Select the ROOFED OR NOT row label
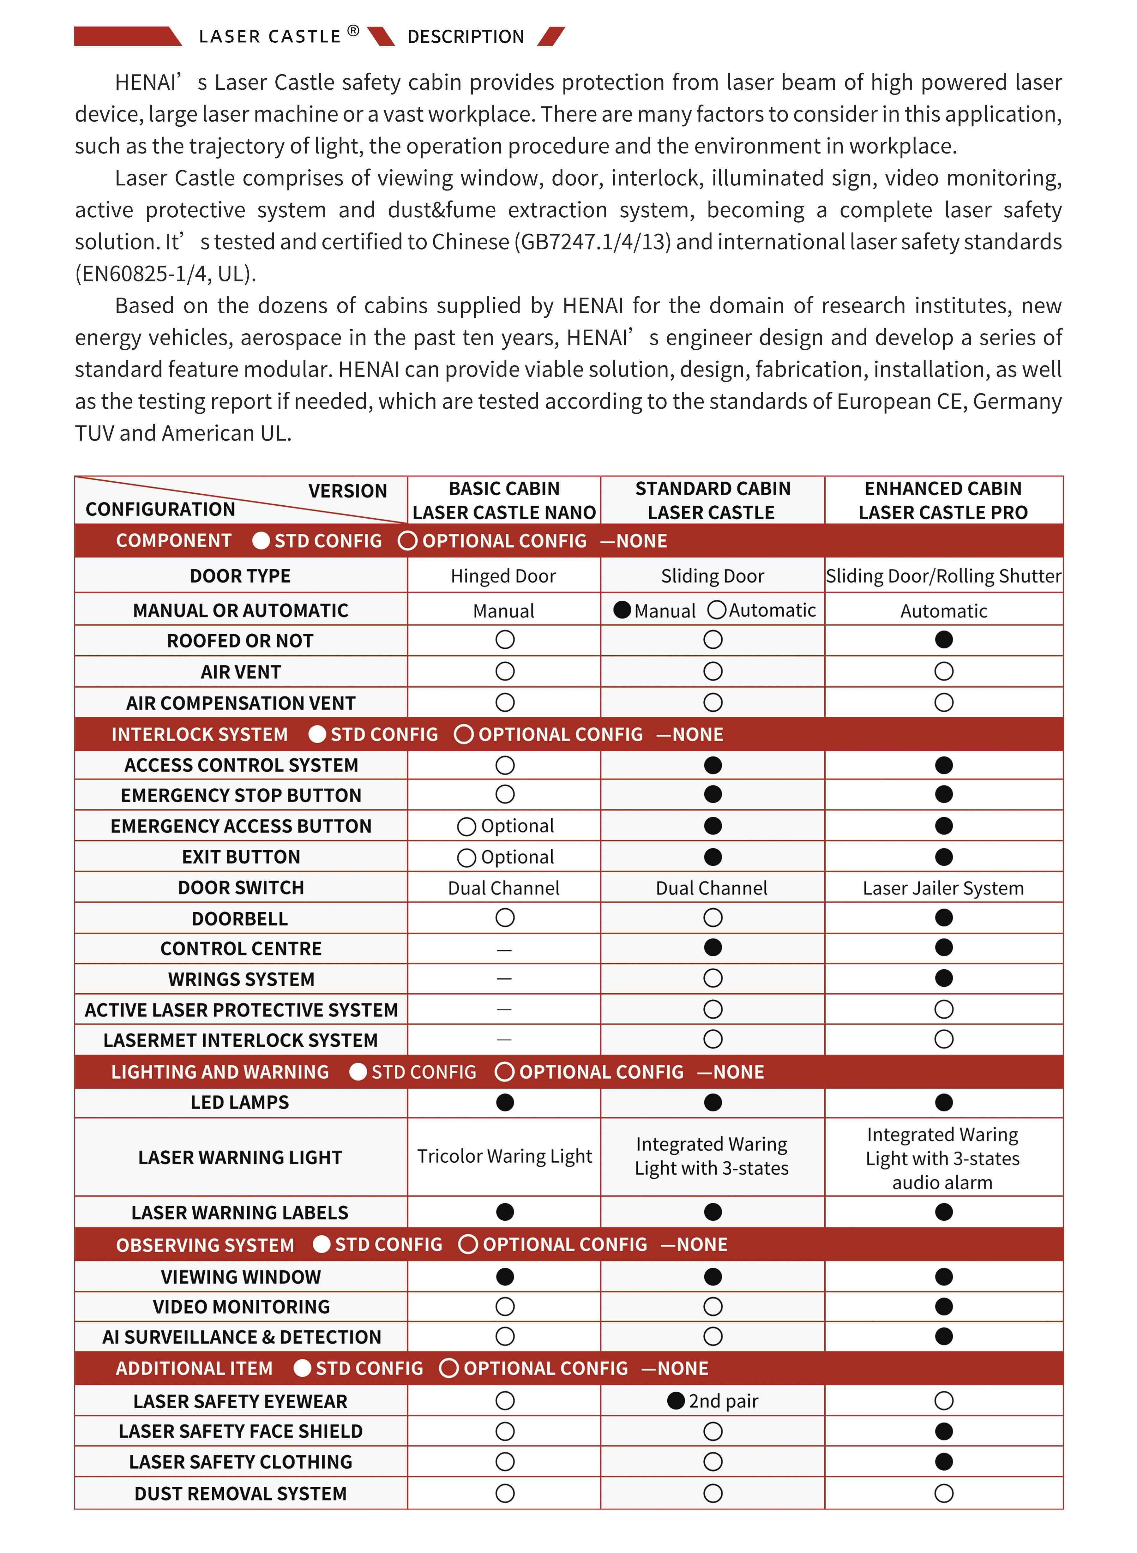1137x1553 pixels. tap(240, 641)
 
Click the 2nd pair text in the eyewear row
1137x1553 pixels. tap(723, 1401)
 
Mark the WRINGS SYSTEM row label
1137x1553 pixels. tap(241, 979)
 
